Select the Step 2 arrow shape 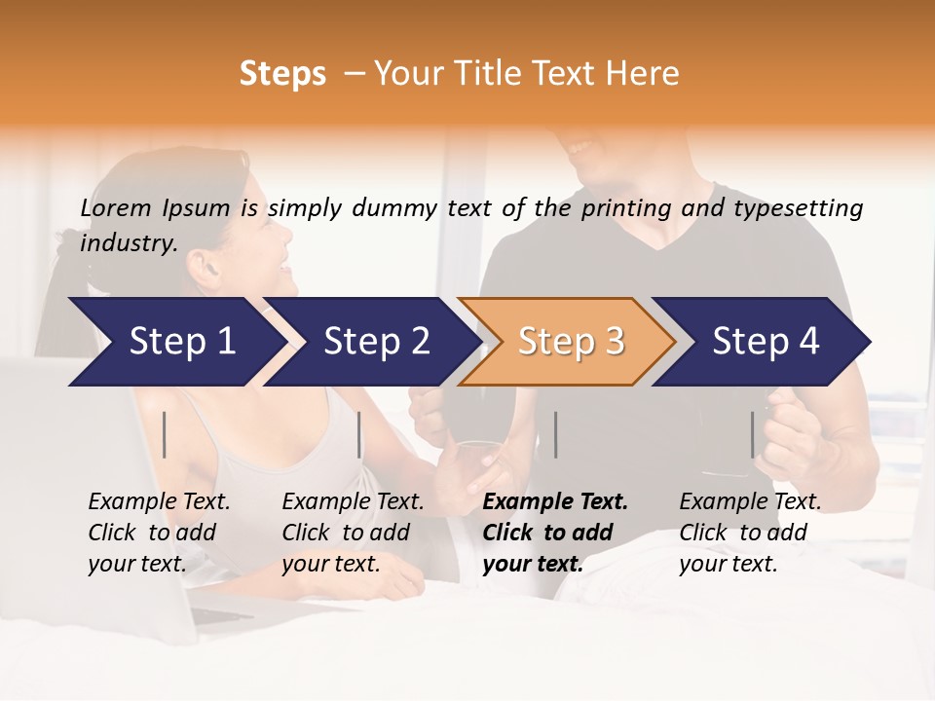(375, 342)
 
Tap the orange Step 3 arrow (570, 342)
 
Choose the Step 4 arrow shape (766, 342)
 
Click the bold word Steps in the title (282, 73)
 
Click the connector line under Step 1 (165, 434)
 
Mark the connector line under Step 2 (359, 434)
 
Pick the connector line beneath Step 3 (555, 434)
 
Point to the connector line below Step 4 (752, 434)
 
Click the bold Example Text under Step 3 (555, 502)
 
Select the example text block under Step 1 (159, 533)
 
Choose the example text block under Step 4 (750, 533)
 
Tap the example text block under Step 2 (353, 533)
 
